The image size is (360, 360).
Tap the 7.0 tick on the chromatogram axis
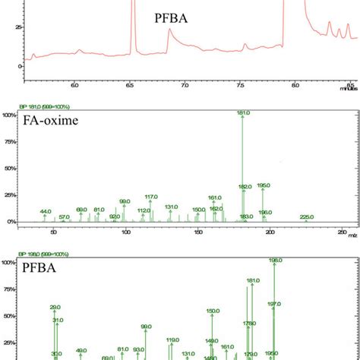185,86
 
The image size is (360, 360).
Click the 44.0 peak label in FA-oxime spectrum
46,211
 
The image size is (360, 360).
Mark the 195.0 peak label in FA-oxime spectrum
264,185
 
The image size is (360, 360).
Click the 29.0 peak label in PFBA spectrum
55,308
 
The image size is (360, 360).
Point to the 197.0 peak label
274,304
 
